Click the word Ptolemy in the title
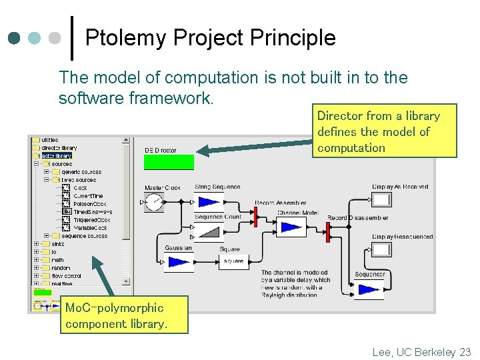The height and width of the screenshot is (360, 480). (126, 38)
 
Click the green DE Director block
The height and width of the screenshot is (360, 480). (169, 162)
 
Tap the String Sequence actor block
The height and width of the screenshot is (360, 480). (209, 202)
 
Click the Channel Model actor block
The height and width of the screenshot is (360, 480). (291, 227)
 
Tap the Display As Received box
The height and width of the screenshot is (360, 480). (381, 200)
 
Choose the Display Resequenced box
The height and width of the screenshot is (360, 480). (381, 250)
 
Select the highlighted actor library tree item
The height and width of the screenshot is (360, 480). (56, 156)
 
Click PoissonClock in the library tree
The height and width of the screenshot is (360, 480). (89, 204)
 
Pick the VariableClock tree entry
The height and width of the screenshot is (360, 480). (91, 228)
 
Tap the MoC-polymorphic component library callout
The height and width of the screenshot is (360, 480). (123, 316)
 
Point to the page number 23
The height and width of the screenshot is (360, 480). (465, 352)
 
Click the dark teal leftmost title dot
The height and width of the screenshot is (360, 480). (14, 38)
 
